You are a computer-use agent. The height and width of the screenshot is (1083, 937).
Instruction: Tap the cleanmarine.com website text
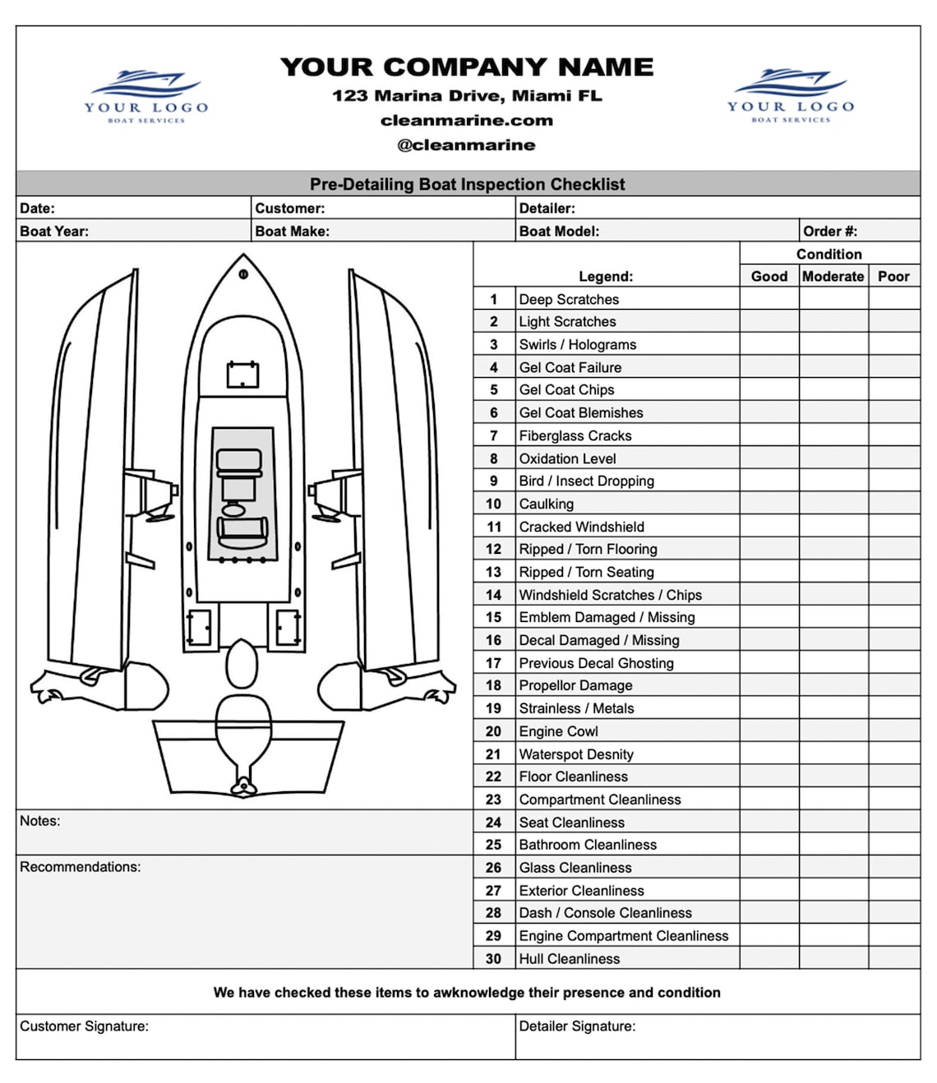(466, 121)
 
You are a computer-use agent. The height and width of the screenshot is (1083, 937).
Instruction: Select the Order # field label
(830, 231)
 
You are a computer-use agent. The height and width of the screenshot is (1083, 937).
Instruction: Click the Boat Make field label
(292, 231)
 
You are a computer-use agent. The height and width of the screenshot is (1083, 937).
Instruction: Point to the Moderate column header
(833, 276)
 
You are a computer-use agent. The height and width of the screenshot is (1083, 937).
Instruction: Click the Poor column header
(893, 276)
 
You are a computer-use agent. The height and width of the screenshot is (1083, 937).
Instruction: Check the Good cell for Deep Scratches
(769, 298)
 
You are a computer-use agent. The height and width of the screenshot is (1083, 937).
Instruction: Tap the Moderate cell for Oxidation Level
(833, 458)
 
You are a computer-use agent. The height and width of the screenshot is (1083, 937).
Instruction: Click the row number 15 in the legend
(493, 617)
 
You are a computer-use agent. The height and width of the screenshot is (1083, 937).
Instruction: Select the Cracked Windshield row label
(581, 527)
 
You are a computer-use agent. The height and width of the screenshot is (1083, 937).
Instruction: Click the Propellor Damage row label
(575, 685)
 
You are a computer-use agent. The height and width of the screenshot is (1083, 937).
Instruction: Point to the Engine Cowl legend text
(558, 731)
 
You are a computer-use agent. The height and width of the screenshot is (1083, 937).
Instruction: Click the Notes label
(39, 821)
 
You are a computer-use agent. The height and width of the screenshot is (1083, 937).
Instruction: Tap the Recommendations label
(81, 867)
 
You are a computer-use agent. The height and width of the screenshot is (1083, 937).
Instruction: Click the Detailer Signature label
(577, 1025)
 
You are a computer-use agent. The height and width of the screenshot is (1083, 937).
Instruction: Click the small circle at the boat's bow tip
(243, 274)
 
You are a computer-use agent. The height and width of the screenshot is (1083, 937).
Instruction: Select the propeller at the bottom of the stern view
(243, 786)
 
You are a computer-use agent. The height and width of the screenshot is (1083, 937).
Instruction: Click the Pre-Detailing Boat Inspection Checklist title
(468, 184)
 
